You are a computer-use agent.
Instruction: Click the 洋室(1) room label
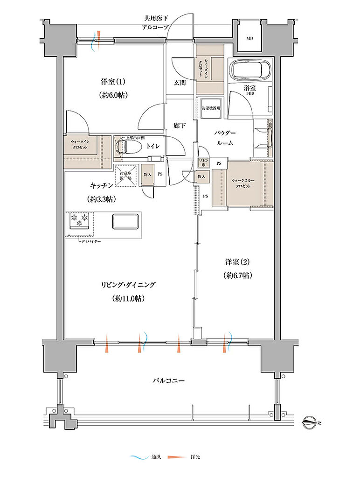point(113,82)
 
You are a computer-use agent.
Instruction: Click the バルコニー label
point(169,380)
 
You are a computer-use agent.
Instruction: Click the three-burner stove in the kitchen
point(80,221)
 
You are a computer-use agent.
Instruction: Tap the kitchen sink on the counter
point(125,221)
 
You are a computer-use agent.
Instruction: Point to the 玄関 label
point(180,83)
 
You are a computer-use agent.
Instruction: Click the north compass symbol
point(310,423)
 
